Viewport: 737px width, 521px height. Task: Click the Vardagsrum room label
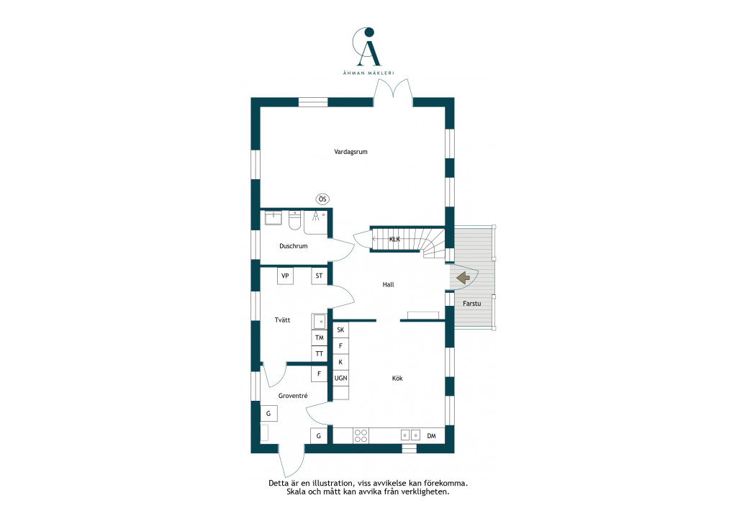351,152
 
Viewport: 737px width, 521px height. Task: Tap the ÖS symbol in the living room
322,199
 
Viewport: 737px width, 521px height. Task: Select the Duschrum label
294,245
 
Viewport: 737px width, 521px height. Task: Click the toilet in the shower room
294,221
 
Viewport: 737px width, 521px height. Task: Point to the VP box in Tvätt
285,276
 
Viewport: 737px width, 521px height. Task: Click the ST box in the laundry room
319,276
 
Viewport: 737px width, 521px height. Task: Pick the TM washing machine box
319,337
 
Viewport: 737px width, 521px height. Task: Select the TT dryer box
319,354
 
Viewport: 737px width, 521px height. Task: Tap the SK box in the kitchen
340,330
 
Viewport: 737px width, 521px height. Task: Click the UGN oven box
340,378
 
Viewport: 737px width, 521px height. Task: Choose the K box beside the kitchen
340,362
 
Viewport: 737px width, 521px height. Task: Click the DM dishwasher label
432,436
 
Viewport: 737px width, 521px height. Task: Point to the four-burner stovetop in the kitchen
361,436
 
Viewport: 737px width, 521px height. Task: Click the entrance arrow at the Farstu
464,278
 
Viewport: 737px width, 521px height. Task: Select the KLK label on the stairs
395,239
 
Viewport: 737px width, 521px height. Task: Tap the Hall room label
388,284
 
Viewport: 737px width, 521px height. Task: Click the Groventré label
293,396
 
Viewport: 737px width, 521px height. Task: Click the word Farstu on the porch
472,304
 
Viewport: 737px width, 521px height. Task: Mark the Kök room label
397,379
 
